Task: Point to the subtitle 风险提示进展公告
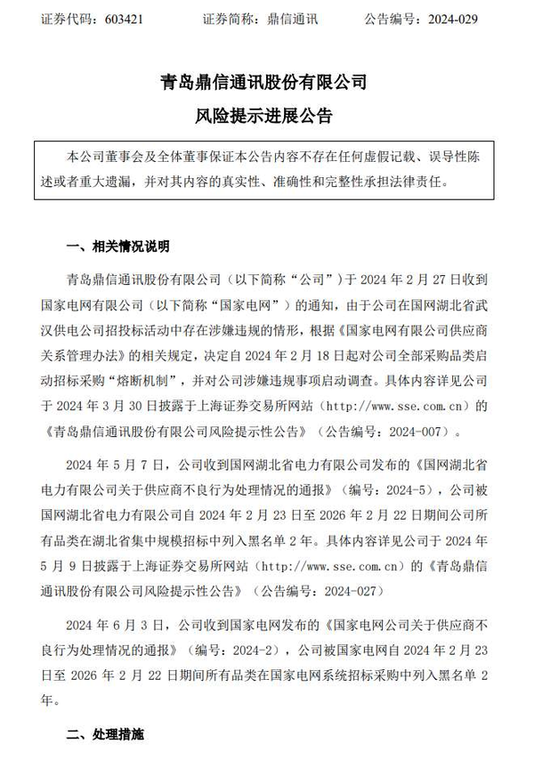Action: point(266,117)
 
